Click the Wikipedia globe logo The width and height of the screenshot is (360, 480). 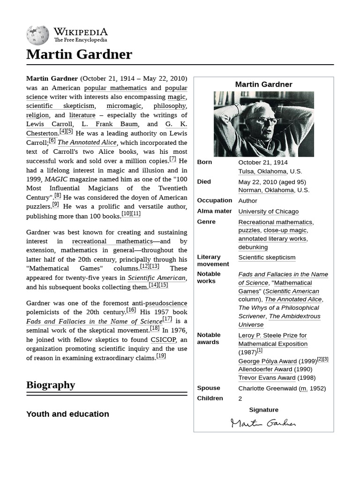(37, 35)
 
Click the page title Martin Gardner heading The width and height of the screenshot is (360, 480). (79, 54)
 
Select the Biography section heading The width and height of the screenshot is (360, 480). (51, 385)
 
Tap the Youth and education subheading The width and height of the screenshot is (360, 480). (67, 414)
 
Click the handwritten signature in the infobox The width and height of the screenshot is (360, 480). (263, 423)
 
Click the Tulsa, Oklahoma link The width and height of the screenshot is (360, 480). (262, 171)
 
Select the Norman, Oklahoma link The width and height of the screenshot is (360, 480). (263, 190)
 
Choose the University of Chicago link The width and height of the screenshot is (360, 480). (268, 211)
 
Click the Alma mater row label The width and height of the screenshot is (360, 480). (214, 211)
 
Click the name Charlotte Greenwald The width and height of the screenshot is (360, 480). (267, 388)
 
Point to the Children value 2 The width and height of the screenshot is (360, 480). (240, 398)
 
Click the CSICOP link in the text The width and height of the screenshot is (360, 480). (163, 340)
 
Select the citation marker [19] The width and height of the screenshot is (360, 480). (161, 356)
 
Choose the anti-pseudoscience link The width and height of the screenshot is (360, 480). (159, 303)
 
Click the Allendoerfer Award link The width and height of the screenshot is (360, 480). (265, 369)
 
